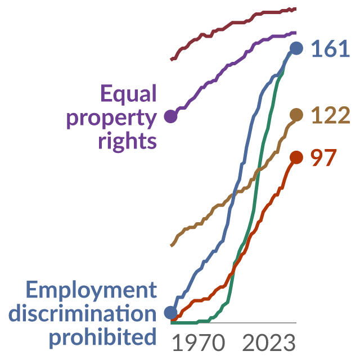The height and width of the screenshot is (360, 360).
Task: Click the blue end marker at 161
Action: click(x=296, y=48)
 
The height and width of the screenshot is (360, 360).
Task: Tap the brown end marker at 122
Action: click(x=296, y=115)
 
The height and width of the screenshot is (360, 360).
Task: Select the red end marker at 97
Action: click(x=296, y=157)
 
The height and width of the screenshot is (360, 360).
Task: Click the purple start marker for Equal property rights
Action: click(x=171, y=116)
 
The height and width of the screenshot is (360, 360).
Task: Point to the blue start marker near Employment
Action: click(x=171, y=313)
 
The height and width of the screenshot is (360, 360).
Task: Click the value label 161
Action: click(x=330, y=49)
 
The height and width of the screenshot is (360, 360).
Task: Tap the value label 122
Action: click(x=331, y=115)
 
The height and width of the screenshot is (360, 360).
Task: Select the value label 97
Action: click(x=323, y=157)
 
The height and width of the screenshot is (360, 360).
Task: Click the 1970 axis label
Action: click(x=199, y=343)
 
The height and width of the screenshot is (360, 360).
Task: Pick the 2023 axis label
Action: click(x=269, y=343)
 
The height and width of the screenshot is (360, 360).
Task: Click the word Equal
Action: click(x=129, y=94)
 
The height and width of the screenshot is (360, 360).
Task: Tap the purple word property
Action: click(x=111, y=119)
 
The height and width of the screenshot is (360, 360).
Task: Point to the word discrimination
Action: click(x=83, y=314)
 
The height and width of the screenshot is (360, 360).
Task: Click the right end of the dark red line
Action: click(x=296, y=9)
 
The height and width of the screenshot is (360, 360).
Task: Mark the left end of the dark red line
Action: click(x=171, y=60)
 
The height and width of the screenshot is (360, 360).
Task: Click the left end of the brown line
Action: click(x=171, y=245)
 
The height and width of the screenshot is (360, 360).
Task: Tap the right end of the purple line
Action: click(x=296, y=33)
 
